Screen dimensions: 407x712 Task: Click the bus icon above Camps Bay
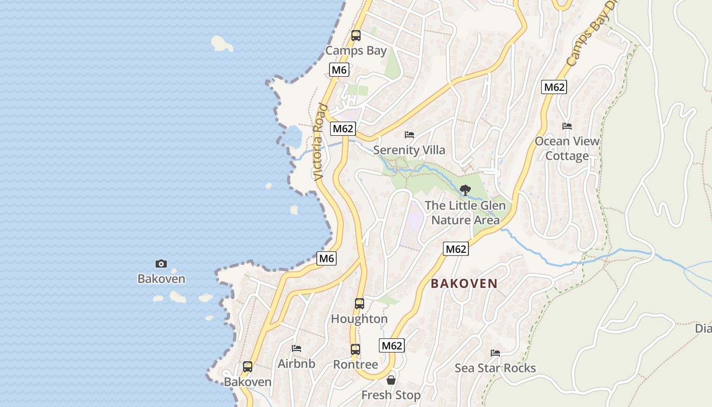click(x=356, y=36)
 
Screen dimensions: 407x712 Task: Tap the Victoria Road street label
click(x=320, y=142)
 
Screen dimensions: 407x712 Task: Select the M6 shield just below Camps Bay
click(x=339, y=70)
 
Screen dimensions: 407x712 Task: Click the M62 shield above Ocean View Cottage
click(x=554, y=87)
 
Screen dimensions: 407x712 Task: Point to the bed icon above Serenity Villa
click(x=409, y=135)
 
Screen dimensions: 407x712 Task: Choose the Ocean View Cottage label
click(x=567, y=149)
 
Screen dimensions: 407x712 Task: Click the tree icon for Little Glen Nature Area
click(x=465, y=190)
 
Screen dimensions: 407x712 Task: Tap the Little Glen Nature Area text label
click(x=465, y=213)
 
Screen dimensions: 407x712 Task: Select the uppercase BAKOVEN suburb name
click(x=464, y=284)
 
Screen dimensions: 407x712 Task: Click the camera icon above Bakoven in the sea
click(x=161, y=264)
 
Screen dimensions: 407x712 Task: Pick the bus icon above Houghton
click(x=360, y=304)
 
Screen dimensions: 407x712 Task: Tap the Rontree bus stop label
click(x=355, y=365)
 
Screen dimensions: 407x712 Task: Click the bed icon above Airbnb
click(x=296, y=348)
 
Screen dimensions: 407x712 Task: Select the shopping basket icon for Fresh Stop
click(x=391, y=380)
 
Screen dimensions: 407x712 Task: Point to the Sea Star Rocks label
click(x=495, y=368)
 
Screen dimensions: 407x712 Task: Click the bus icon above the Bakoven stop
click(x=248, y=366)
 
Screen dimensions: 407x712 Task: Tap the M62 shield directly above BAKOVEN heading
click(x=456, y=249)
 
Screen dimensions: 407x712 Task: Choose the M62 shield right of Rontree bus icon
click(x=392, y=345)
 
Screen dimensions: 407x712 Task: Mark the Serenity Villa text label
click(x=409, y=150)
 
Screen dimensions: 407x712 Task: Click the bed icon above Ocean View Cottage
click(x=567, y=126)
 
